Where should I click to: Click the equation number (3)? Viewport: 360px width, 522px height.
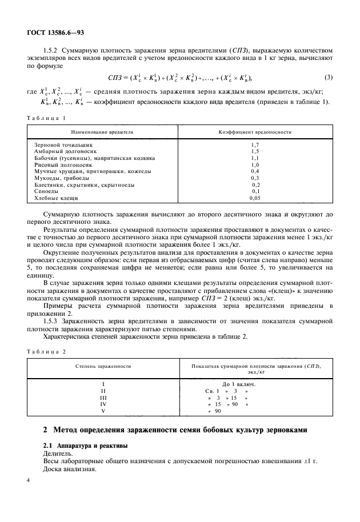point(328,77)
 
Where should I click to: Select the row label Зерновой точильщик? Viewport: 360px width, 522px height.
point(63,145)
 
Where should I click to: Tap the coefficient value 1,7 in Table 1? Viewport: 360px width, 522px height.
point(255,145)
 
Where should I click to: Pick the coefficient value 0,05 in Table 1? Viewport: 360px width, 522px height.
point(255,198)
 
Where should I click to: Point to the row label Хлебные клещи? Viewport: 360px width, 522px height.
point(56,198)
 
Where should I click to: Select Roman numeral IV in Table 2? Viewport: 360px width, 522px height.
point(103,403)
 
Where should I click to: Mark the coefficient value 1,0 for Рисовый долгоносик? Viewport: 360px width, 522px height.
point(255,164)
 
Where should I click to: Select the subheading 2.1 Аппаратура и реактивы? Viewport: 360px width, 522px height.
point(86,444)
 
